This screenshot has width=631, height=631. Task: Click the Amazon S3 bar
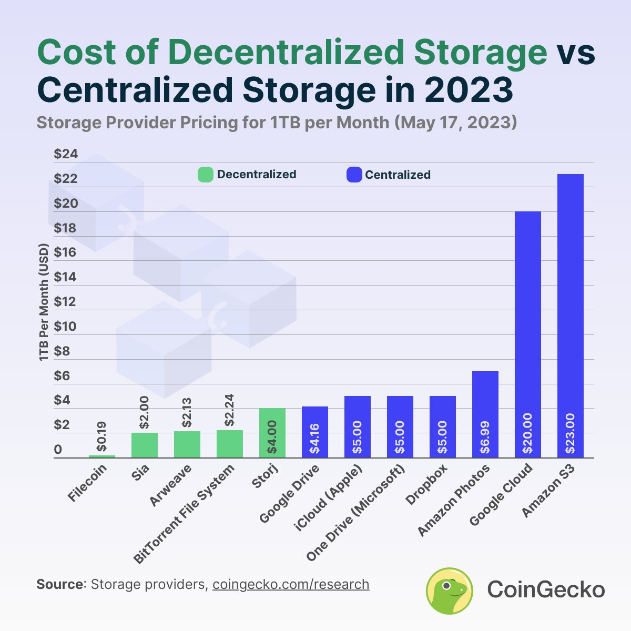click(x=570, y=315)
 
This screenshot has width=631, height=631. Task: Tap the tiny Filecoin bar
click(x=102, y=456)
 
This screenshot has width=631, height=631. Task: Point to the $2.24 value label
click(x=230, y=410)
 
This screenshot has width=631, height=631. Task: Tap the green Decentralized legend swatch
click(x=205, y=175)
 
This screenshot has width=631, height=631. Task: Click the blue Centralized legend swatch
click(x=354, y=175)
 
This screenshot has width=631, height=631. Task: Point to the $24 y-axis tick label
click(x=66, y=154)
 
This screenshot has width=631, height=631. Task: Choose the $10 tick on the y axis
click(x=66, y=327)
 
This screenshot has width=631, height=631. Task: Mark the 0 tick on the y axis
click(x=58, y=450)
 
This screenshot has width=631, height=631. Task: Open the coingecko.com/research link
click(x=291, y=584)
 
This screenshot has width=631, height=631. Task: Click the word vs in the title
click(x=576, y=53)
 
